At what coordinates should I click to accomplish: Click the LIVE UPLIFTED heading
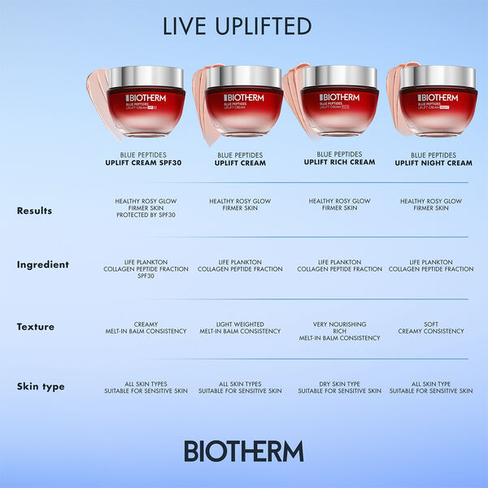pos(237,26)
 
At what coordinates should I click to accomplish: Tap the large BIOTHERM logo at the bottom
pos(243,451)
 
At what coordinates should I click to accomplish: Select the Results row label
pos(34,211)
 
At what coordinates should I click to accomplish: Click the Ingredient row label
pos(43,264)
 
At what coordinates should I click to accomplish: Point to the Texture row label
pos(36,326)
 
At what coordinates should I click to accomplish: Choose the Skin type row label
pos(41,386)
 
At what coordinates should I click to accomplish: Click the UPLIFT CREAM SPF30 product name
pos(146,163)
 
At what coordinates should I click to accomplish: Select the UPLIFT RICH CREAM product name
pos(339,162)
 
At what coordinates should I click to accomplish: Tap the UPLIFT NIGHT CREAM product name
pos(434,163)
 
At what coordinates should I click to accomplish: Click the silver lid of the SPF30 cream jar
pos(146,76)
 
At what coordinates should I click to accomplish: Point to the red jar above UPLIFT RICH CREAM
pos(339,110)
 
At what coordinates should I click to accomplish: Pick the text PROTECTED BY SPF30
pos(146,215)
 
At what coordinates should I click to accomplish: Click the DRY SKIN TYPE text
pos(339,384)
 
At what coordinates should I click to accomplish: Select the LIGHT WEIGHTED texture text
pos(240,324)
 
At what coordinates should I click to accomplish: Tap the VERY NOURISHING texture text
pos(339,324)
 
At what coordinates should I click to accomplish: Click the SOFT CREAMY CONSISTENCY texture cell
pos(431,328)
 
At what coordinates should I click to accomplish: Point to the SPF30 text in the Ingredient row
pos(146,276)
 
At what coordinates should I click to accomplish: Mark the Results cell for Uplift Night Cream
pos(431,205)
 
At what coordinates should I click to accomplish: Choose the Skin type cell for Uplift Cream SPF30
pos(146,387)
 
